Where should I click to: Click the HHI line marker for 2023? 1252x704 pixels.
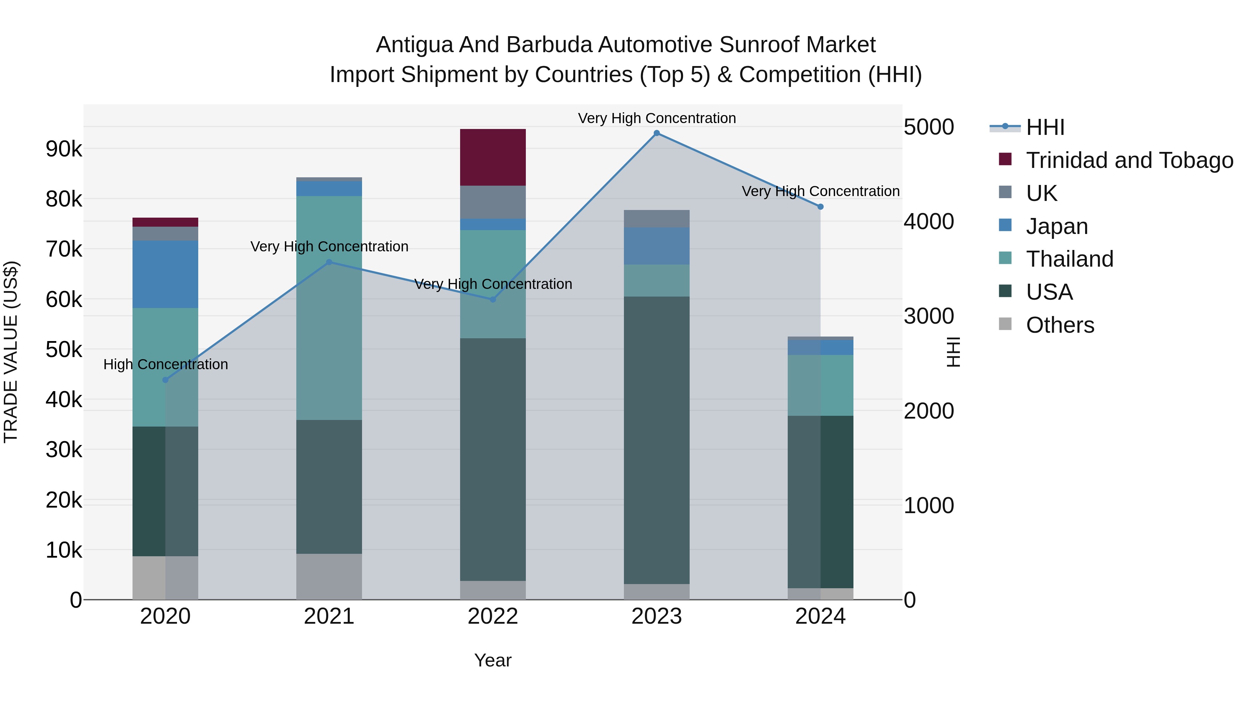pyautogui.click(x=657, y=133)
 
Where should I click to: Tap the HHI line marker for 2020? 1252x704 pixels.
pyautogui.click(x=165, y=380)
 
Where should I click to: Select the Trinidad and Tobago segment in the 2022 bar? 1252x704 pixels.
pyautogui.click(x=493, y=157)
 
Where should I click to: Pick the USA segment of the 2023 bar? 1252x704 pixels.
pyautogui.click(x=657, y=440)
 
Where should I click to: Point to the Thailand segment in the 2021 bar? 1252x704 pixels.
pyautogui.click(x=329, y=308)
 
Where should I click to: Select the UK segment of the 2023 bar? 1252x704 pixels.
pyautogui.click(x=657, y=219)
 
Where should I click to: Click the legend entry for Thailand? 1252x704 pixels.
pyautogui.click(x=1069, y=259)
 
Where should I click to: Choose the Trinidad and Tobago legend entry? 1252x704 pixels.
pyautogui.click(x=1129, y=160)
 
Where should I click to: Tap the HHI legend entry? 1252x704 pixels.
pyautogui.click(x=1045, y=127)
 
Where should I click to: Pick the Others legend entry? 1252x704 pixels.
pyautogui.click(x=1060, y=325)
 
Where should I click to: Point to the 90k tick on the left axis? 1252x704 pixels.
pyautogui.click(x=64, y=149)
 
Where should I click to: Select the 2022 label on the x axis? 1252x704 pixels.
pyautogui.click(x=493, y=616)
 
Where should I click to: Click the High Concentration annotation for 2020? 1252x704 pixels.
pyautogui.click(x=165, y=364)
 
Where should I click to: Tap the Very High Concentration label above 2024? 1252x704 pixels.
pyautogui.click(x=820, y=192)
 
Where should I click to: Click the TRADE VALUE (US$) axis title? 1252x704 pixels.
pyautogui.click(x=11, y=352)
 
